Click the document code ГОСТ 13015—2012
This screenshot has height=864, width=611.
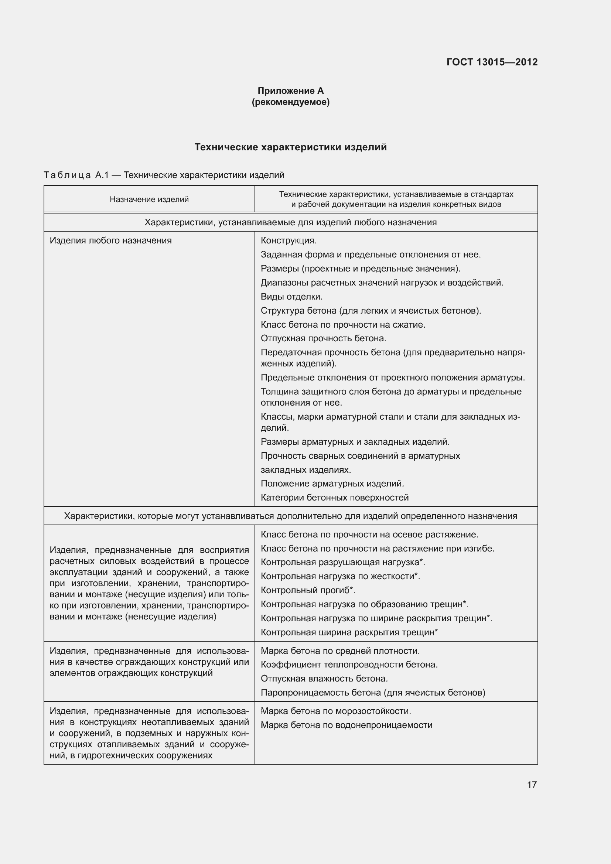[x=492, y=62]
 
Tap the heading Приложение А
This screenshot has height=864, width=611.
[x=290, y=91]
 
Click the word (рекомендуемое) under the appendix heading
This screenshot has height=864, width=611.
[x=290, y=102]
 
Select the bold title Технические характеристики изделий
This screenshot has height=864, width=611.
[x=290, y=147]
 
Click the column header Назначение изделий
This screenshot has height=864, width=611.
[x=149, y=199]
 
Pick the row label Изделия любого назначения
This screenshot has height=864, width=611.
[x=110, y=240]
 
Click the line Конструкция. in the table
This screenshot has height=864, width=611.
[x=289, y=240]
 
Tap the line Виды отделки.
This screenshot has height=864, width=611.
[x=291, y=297]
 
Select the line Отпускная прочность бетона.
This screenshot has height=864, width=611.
[x=324, y=338]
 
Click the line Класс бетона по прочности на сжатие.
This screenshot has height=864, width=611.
[x=343, y=324]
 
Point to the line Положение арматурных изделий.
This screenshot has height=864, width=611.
[x=332, y=483]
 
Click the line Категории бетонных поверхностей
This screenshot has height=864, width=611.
[x=334, y=498]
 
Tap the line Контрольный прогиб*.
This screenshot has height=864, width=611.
[x=308, y=590]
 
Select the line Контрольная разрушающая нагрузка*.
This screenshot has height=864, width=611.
[x=343, y=562]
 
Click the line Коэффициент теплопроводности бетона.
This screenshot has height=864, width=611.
[x=349, y=665]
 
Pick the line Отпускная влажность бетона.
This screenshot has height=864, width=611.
[x=324, y=679]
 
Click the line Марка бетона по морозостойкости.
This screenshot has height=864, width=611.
[x=335, y=711]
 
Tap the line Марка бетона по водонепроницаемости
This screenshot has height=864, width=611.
[x=346, y=725]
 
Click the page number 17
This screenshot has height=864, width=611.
[x=532, y=785]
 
